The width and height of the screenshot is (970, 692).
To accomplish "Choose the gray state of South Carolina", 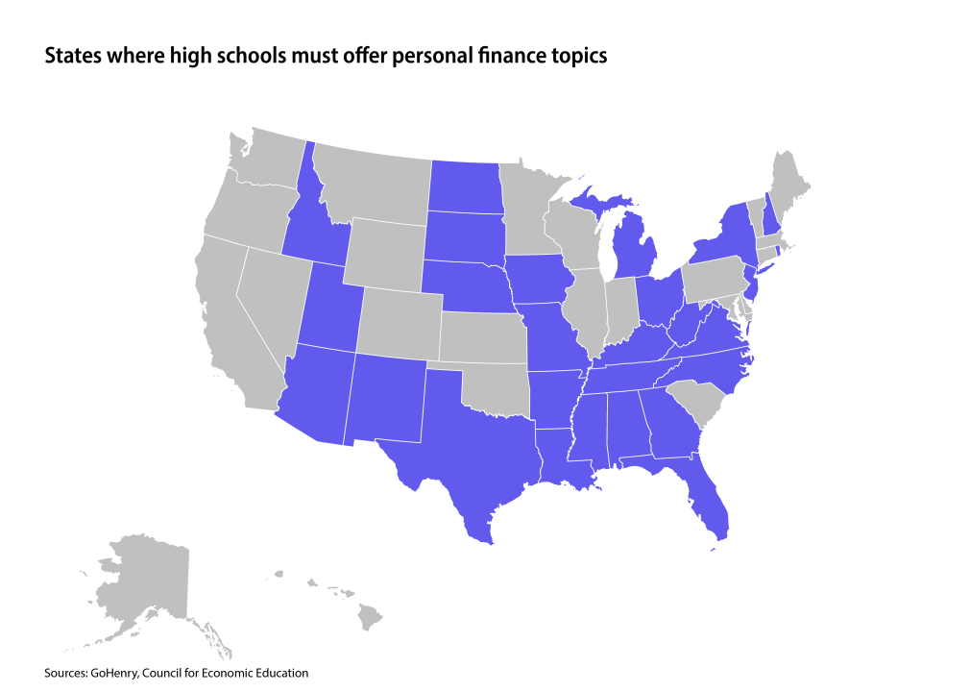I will (693, 404).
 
